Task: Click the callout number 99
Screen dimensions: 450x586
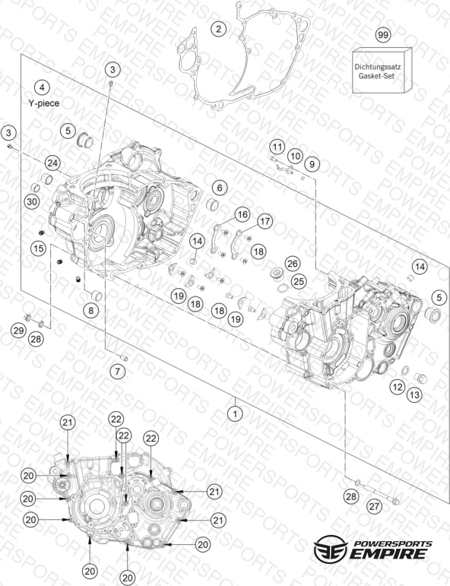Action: coord(382,35)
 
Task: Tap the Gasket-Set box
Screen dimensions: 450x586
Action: coord(382,70)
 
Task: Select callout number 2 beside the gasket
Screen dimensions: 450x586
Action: coord(219,29)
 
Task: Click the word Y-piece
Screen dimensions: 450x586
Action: coord(44,103)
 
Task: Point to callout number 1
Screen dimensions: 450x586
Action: coord(235,413)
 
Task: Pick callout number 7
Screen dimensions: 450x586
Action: coord(118,371)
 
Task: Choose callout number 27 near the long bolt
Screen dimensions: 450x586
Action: coord(374,506)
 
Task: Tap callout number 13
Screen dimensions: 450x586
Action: coord(414,394)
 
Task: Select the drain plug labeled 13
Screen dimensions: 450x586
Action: coord(421,378)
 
